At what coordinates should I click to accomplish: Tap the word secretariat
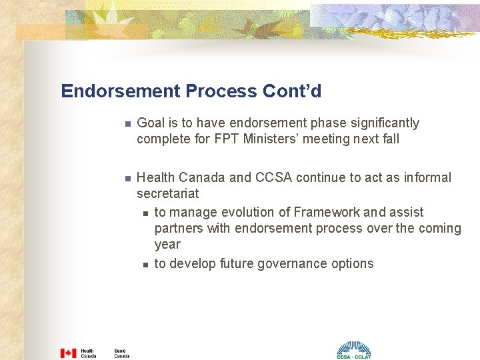click(x=168, y=194)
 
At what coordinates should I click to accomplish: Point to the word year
click(x=167, y=245)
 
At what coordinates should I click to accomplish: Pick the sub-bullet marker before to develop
click(x=145, y=265)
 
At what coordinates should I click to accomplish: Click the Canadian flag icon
click(x=68, y=353)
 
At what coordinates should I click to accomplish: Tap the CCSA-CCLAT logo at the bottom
click(x=353, y=350)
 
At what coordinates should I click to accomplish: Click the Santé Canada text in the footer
click(x=121, y=353)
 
